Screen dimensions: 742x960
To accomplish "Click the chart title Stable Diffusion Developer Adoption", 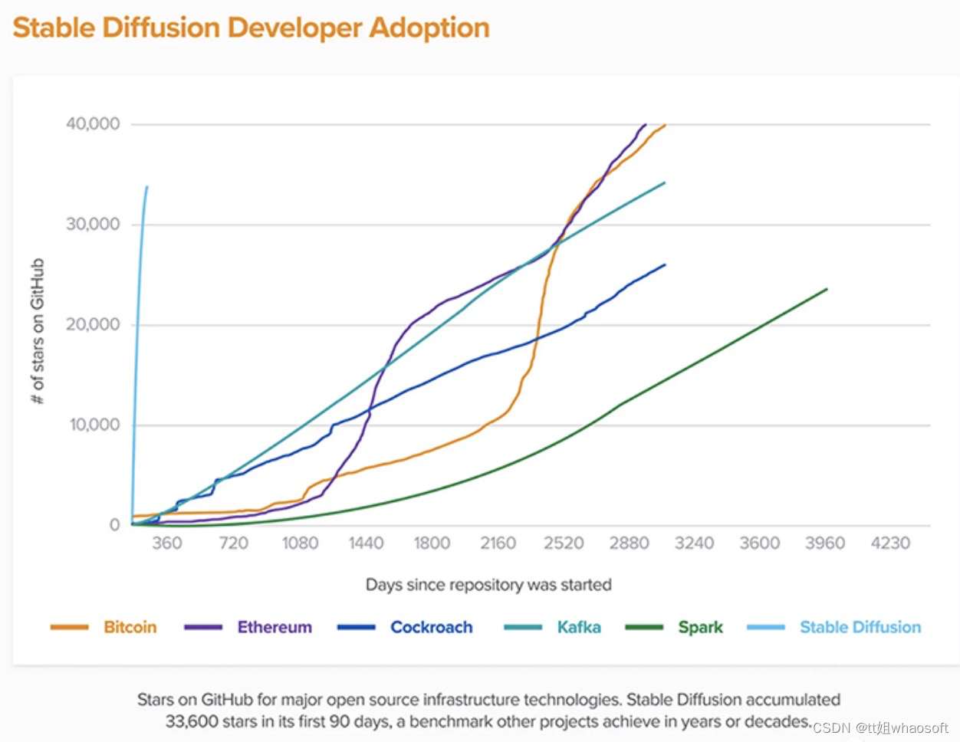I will click(x=251, y=28).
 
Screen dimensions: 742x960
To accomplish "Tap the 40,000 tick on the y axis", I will click(x=93, y=124).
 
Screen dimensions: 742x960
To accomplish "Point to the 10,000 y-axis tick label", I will click(x=95, y=425).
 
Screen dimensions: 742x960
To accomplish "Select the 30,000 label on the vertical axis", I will click(x=93, y=224).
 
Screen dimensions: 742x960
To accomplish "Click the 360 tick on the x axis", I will click(x=166, y=543).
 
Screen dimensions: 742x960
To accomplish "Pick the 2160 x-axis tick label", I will click(x=498, y=543).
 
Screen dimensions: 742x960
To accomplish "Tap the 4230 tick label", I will click(x=890, y=543).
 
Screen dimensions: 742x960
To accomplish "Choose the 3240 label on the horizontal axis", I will click(x=694, y=543).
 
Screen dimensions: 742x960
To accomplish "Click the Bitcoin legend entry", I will click(x=130, y=627).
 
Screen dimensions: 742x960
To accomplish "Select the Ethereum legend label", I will click(x=275, y=627).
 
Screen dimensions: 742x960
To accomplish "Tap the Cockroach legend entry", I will click(x=431, y=627).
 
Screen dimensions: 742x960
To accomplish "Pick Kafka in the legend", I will click(x=579, y=627).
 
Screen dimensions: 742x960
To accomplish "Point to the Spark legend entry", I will click(x=700, y=627).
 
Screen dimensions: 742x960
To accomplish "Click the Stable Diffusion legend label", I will click(x=860, y=627).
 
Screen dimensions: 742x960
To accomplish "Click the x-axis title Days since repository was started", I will click(x=488, y=585).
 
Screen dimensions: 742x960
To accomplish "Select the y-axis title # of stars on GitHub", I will click(x=38, y=331).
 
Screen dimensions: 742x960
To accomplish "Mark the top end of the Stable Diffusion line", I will click(x=146, y=187).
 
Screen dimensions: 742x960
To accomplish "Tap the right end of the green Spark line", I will click(x=827, y=289).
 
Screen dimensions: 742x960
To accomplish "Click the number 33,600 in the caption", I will click(x=192, y=721).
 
